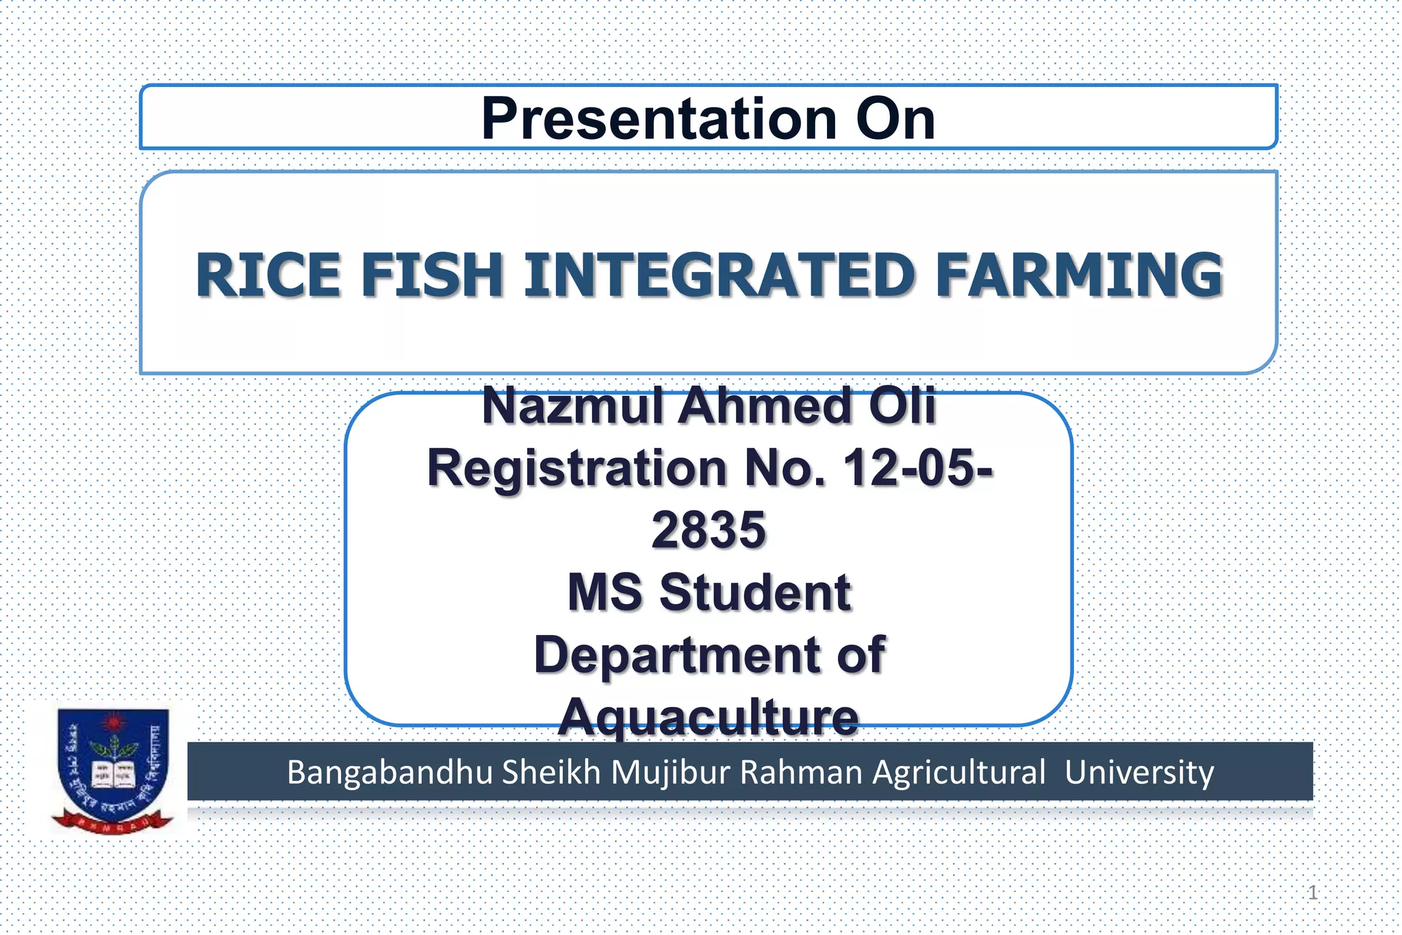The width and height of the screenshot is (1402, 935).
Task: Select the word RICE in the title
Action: tap(268, 275)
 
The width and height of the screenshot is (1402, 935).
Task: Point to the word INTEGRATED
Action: tap(719, 275)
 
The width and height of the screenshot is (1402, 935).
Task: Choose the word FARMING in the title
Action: tap(1079, 275)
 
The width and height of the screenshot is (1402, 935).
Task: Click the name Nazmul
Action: tap(573, 406)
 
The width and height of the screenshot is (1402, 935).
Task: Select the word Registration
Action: tap(576, 469)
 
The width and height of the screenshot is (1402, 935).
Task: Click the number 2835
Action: tap(709, 530)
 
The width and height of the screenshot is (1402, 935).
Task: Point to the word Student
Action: tap(755, 593)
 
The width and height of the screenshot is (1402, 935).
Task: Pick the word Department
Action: tap(676, 655)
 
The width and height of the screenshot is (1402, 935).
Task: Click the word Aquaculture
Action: tap(709, 717)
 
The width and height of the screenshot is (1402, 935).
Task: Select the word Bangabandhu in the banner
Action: tap(390, 772)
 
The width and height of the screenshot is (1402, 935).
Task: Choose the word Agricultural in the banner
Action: tap(958, 772)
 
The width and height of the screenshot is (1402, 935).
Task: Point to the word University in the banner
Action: tap(1139, 772)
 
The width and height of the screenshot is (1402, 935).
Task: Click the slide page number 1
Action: tap(1312, 892)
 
